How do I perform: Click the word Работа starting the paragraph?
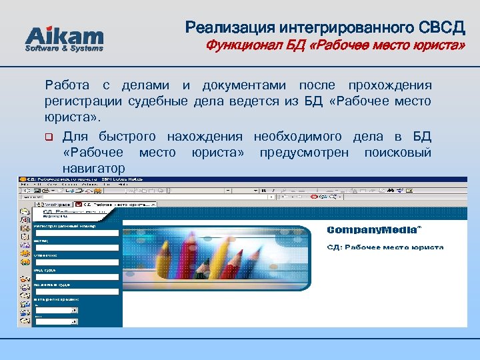[67, 86]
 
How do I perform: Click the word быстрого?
[127, 137]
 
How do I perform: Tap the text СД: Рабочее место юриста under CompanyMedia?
[385, 247]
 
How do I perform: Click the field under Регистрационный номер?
[77, 232]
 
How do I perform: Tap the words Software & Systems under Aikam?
[64, 49]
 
